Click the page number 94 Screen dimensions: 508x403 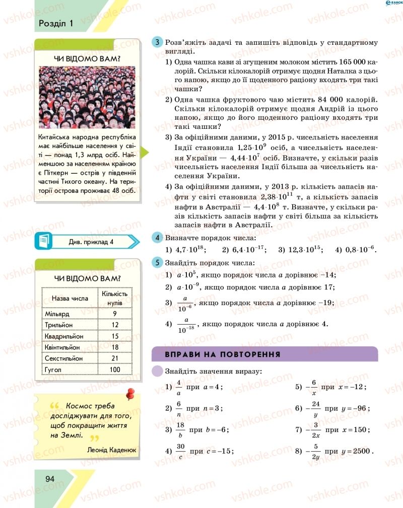click(x=50, y=478)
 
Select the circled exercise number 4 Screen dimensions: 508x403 click(x=158, y=238)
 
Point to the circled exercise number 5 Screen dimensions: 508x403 click(x=158, y=262)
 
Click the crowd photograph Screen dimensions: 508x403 click(x=87, y=98)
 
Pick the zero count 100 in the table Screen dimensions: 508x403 click(x=115, y=370)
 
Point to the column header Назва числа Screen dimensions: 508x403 click(x=70, y=298)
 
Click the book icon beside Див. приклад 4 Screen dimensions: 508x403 click(x=44, y=241)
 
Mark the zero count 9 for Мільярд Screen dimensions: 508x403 click(x=115, y=313)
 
